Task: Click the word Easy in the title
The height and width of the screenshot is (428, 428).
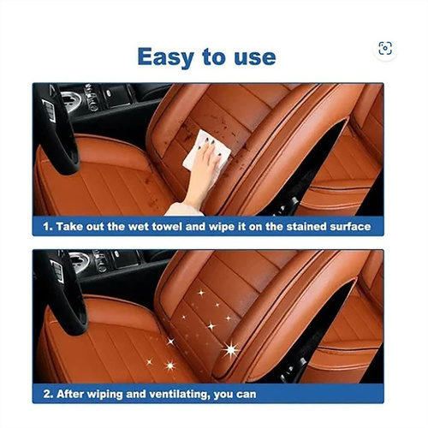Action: coord(166,57)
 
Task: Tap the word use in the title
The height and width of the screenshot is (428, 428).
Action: coord(255,57)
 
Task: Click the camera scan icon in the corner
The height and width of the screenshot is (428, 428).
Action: coord(385,48)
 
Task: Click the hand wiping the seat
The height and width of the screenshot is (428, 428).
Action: coord(203,169)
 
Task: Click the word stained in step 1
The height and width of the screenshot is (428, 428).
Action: coord(306,227)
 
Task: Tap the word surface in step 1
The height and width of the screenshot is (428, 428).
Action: coord(351,227)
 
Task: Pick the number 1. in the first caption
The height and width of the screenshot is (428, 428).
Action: coord(48,227)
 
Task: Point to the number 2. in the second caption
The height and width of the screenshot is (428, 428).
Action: coord(48,394)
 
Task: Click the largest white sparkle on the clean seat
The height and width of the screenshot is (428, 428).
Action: coord(230,349)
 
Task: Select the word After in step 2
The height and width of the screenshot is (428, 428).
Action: coord(70,394)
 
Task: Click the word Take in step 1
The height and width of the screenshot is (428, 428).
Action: coord(68,227)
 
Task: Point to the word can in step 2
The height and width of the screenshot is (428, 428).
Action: coord(247,395)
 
